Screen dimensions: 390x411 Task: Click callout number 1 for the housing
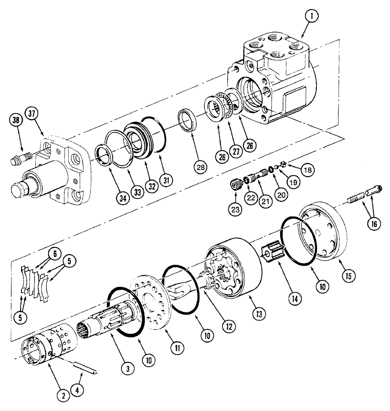[312, 17]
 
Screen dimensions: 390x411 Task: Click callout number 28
[202, 166]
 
